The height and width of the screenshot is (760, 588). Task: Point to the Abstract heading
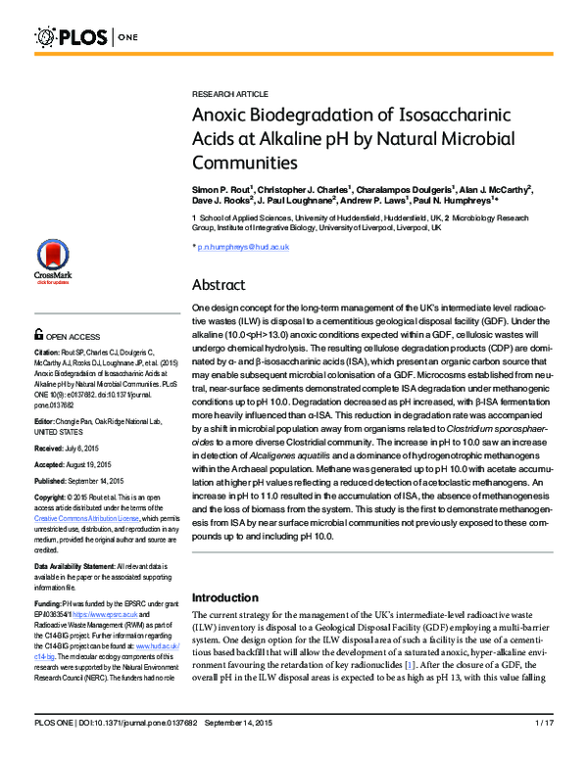pyautogui.click(x=220, y=285)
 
